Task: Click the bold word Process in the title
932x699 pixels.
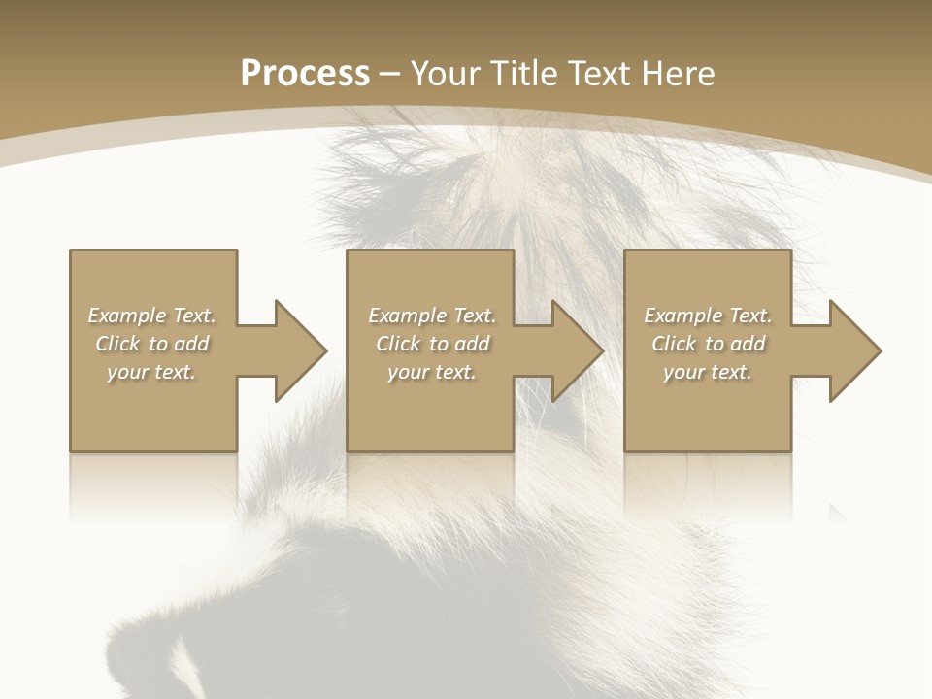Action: tap(305, 73)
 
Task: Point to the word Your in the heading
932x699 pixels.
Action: tap(448, 73)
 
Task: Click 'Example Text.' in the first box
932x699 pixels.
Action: tap(152, 316)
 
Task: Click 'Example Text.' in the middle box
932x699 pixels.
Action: tap(432, 316)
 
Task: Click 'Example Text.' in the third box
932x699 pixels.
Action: tap(708, 316)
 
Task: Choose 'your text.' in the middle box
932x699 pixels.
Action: tap(431, 372)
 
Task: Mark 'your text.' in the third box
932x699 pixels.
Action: tap(707, 372)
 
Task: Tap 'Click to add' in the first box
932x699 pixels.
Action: tap(152, 344)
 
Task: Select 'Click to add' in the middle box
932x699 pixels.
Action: tap(432, 344)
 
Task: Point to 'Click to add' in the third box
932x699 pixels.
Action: tap(708, 344)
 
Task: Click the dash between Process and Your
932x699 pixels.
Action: tap(390, 74)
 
